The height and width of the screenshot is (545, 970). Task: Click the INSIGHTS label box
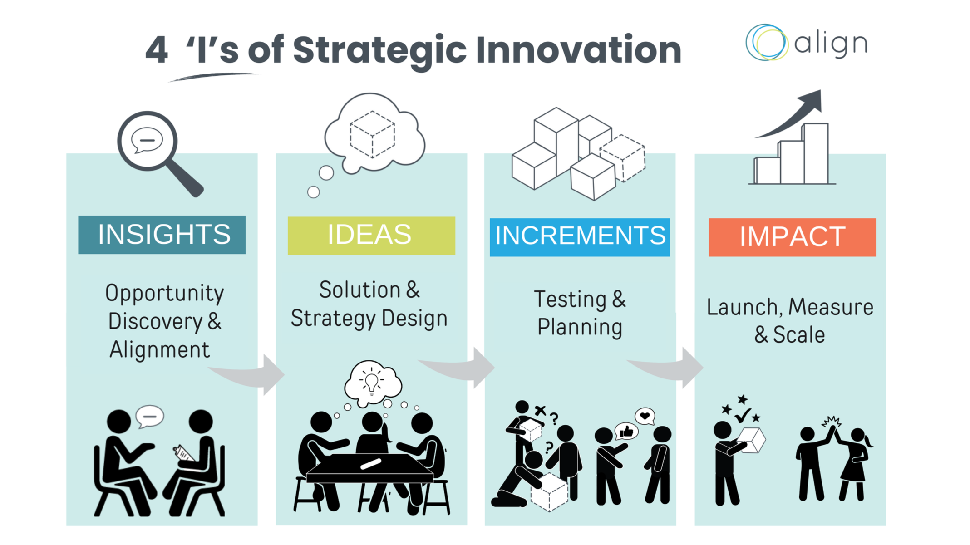(162, 235)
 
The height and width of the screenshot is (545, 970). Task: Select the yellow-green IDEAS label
(371, 236)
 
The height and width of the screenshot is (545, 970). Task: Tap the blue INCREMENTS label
(580, 237)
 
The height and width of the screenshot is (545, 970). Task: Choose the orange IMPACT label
(792, 237)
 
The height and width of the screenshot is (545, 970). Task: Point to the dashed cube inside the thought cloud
(372, 134)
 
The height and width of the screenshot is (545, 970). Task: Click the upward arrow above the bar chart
(794, 113)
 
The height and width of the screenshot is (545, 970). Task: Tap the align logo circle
(767, 43)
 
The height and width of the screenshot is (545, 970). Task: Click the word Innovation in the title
(578, 50)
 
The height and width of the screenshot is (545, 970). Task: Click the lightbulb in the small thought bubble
(372, 382)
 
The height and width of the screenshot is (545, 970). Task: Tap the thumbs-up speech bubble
(626, 431)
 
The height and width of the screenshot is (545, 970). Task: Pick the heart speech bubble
(645, 415)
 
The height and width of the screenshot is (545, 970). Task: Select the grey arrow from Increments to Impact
(672, 368)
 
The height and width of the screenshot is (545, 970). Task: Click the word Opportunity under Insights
(164, 294)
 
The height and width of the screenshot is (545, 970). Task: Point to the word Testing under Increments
(570, 300)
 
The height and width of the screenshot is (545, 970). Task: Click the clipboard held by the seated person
(183, 452)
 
